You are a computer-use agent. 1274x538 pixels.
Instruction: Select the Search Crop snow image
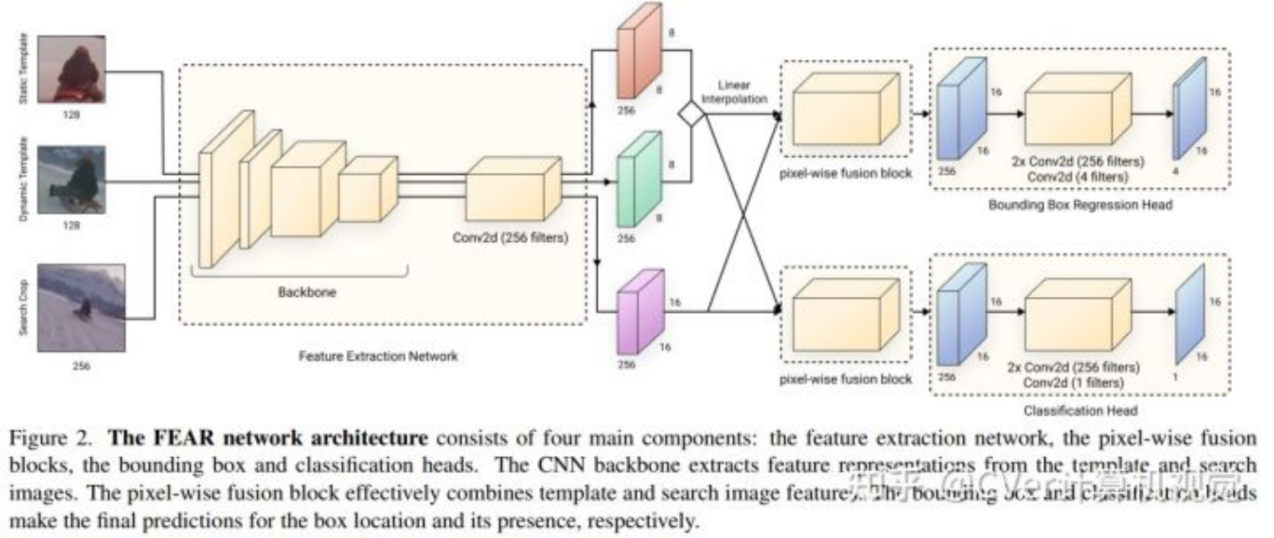(81, 307)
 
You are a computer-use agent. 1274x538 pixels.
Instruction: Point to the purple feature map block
(638, 312)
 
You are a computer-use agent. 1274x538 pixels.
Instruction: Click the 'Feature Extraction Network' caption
(378, 356)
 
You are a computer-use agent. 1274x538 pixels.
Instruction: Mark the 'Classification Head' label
(1079, 410)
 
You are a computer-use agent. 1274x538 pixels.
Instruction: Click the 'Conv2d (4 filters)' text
(1077, 177)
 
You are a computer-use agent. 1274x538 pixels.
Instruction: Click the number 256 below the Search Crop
(81, 366)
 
